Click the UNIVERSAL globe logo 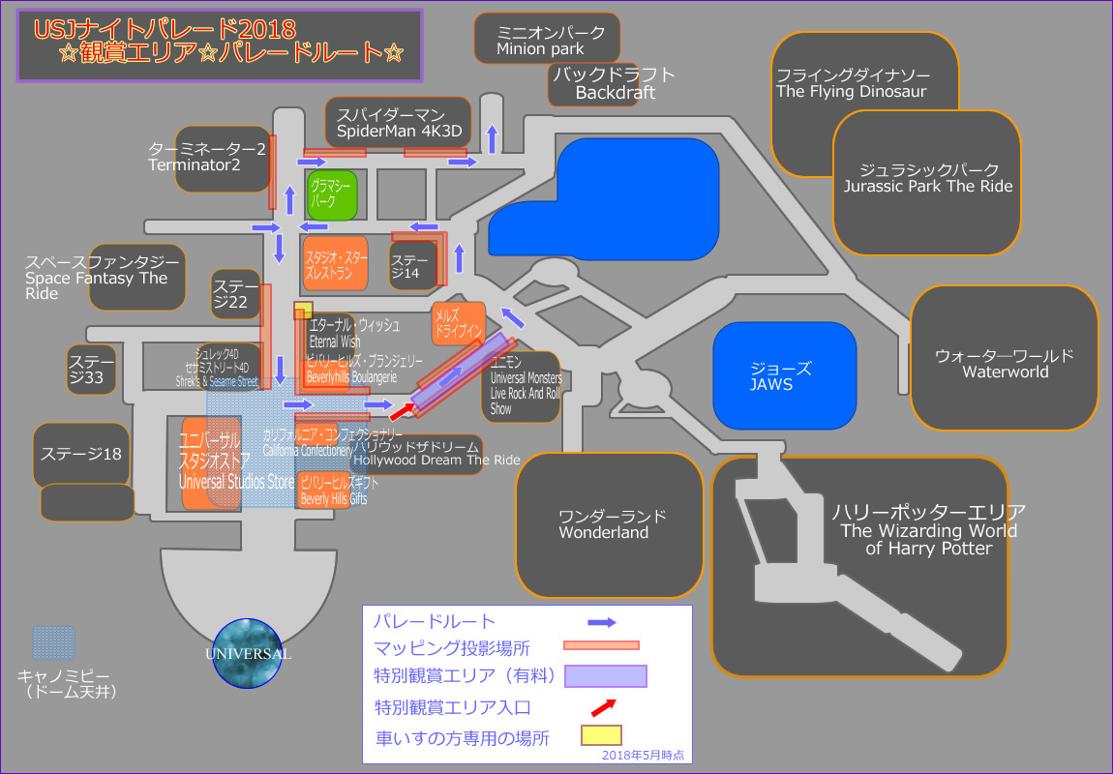247,653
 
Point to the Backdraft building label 614,84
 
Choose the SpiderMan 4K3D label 399,122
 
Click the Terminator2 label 207,158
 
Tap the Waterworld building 1005,359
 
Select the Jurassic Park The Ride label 927,179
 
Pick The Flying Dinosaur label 852,84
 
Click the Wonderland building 608,524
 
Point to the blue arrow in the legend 602,622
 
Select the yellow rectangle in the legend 601,735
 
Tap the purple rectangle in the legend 606,674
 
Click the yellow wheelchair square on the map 303,310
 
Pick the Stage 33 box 92,370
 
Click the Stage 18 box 81,454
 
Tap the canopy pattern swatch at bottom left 54,643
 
